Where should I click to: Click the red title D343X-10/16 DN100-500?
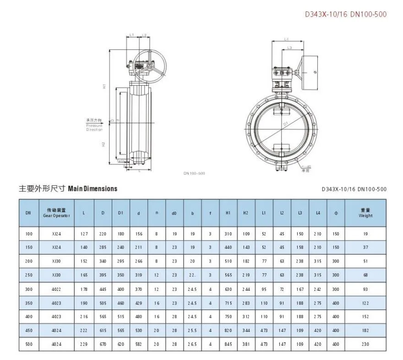[x=346, y=14]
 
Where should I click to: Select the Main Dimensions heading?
[x=68, y=188]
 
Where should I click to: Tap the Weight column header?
[x=365, y=213]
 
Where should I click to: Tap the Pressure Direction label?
[x=94, y=125]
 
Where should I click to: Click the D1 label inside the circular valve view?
[x=284, y=124]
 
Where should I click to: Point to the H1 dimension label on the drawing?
[x=105, y=86]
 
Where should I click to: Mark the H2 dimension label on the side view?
[x=104, y=144]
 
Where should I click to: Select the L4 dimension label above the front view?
[x=286, y=39]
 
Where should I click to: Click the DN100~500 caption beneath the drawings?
[x=194, y=173]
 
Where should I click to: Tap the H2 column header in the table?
[x=246, y=213]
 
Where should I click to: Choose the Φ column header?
[x=336, y=213]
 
